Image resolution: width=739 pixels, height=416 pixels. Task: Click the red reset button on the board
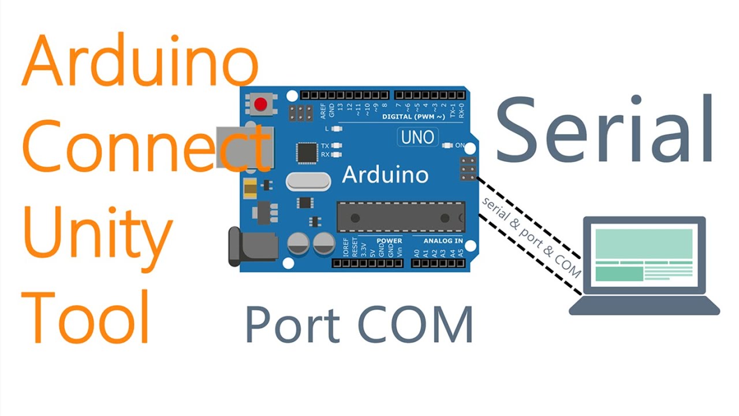click(x=261, y=105)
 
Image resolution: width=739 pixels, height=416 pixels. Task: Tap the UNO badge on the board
click(x=417, y=137)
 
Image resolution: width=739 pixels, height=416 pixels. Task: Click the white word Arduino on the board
click(x=385, y=174)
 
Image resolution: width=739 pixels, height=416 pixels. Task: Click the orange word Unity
click(x=98, y=236)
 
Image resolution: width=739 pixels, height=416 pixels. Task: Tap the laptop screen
click(x=644, y=255)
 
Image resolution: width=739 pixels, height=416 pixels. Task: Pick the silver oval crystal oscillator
click(x=308, y=181)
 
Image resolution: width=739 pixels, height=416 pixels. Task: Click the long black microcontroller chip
click(x=401, y=218)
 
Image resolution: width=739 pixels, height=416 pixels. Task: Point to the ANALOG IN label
click(x=443, y=240)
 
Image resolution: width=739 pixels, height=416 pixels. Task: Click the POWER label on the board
click(x=389, y=240)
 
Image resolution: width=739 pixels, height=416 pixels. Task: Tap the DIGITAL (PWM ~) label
click(x=413, y=117)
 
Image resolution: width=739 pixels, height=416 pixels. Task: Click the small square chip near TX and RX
click(x=307, y=153)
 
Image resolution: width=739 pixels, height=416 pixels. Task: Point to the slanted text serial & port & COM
click(x=531, y=237)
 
